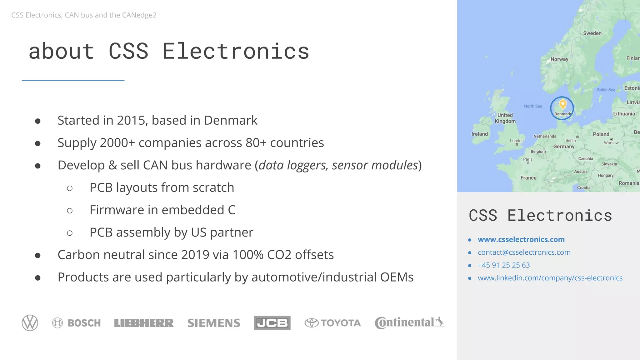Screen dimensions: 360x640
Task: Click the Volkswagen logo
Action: click(30, 323)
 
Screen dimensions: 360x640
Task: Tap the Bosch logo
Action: click(77, 323)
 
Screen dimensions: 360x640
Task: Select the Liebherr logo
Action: click(144, 323)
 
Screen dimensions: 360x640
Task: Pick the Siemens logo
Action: click(214, 323)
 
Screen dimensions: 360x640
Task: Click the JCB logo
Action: click(272, 323)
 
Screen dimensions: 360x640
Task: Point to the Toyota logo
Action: click(333, 323)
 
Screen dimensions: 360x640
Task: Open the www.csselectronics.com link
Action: click(521, 239)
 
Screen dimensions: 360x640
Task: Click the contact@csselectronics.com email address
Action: click(524, 252)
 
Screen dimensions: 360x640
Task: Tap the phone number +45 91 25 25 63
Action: click(504, 265)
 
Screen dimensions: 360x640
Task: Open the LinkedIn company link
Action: click(550, 278)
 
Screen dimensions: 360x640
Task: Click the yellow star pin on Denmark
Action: click(563, 104)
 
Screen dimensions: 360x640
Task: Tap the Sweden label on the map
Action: click(592, 33)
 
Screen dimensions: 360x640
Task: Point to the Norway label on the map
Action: click(559, 59)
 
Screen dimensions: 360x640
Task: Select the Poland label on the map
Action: click(601, 134)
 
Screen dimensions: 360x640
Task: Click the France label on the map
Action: click(528, 178)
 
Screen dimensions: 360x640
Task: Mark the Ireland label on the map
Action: click(479, 134)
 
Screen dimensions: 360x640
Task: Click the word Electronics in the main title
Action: click(236, 51)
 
